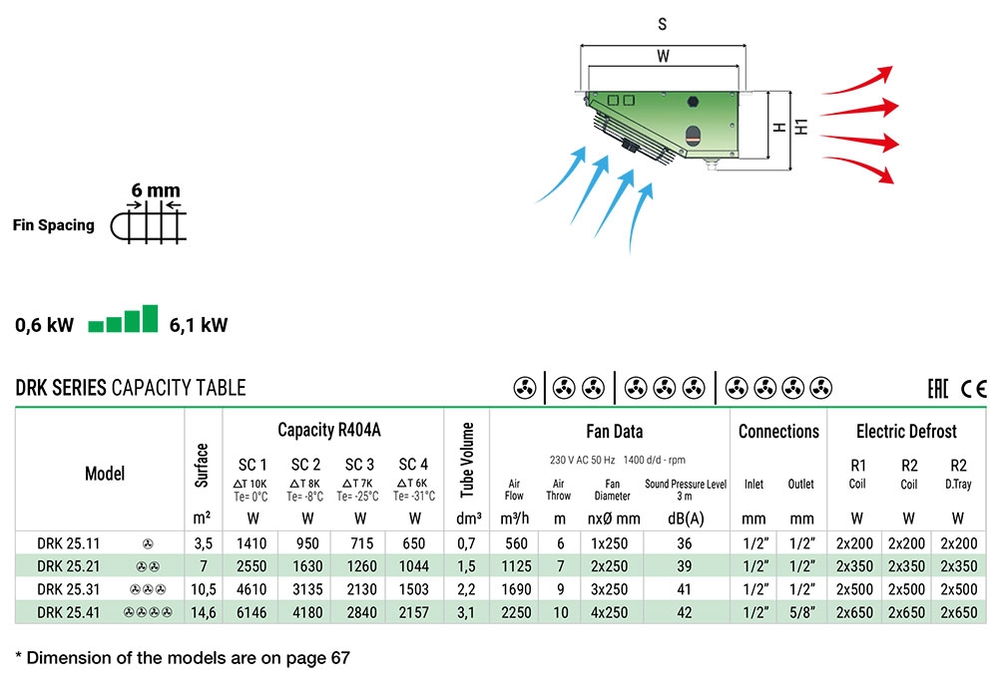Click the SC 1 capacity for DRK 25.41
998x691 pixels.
pos(251,613)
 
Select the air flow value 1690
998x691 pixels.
pos(516,589)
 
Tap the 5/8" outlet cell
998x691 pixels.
pos(801,613)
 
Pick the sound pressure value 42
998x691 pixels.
pos(685,613)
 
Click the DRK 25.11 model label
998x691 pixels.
pos(69,543)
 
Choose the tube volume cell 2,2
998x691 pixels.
pos(466,590)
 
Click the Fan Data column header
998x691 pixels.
pos(614,432)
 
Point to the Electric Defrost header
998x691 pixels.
pos(906,432)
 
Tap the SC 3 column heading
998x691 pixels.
pos(359,465)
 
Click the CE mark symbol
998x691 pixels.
pos(974,389)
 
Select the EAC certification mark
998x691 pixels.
pos(937,389)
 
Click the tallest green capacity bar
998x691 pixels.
pos(151,318)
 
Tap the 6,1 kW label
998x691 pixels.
pos(198,325)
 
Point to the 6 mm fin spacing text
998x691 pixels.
pos(156,190)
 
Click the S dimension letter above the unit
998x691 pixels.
pos(662,24)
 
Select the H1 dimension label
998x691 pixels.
pos(801,127)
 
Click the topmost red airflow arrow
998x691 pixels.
pos(858,81)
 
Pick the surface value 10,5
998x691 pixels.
pos(204,590)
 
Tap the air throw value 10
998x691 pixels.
pos(560,613)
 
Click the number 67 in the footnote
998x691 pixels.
pos(340,657)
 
